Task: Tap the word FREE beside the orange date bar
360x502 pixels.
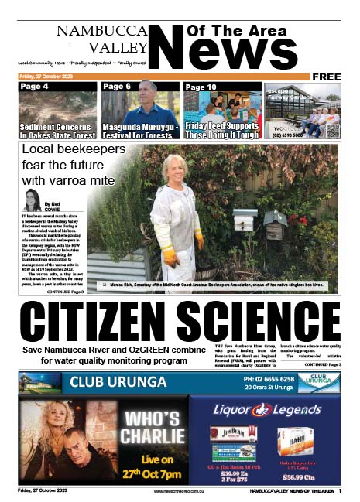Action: click(x=328, y=77)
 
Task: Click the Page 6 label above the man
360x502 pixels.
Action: click(x=117, y=87)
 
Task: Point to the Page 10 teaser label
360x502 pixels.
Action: click(x=201, y=87)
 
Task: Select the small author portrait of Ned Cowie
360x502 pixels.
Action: click(x=33, y=200)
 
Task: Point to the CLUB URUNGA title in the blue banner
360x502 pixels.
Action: click(x=118, y=381)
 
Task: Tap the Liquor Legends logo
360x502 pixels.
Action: click(x=263, y=408)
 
